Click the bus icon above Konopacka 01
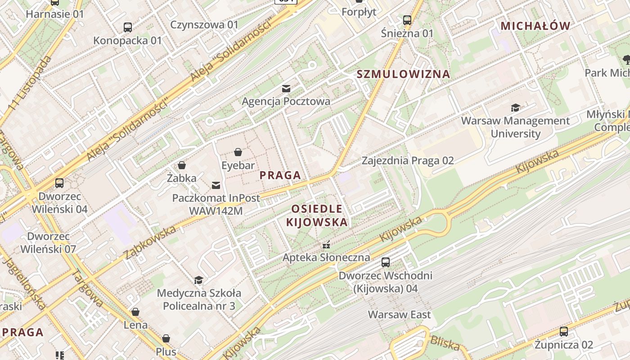point(128,27)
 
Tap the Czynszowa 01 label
point(204,24)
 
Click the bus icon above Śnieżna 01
point(407,20)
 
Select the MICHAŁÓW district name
point(535,26)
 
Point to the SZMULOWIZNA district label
point(403,74)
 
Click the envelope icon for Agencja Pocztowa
point(286,88)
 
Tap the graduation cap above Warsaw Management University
point(515,108)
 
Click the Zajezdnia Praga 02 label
point(408,161)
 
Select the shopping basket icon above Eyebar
point(238,153)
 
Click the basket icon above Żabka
point(182,166)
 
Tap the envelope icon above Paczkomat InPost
point(216,185)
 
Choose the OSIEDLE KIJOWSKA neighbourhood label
point(317,216)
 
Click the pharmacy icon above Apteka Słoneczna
point(326,245)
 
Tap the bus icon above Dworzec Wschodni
point(386,262)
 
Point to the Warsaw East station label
point(399,315)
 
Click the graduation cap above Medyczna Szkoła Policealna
point(198,280)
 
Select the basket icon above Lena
point(135,312)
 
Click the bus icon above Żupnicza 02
point(563,332)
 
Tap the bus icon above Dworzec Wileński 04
point(59,183)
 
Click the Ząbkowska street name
point(150,243)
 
